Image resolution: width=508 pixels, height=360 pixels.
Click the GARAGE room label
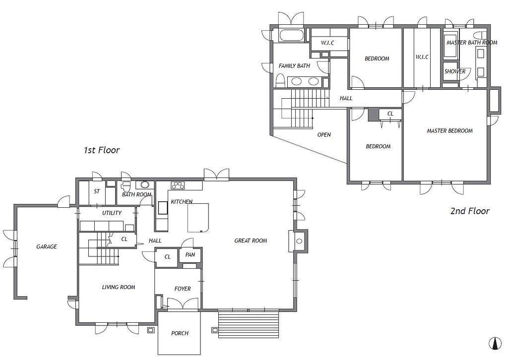[x=47, y=246]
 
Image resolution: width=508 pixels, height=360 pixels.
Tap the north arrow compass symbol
[x=495, y=343]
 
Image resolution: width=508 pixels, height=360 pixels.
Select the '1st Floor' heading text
[x=102, y=150]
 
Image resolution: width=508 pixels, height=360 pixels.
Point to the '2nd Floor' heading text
[x=470, y=211]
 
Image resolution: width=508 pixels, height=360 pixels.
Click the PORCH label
[x=180, y=333]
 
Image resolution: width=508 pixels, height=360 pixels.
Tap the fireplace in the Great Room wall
[x=298, y=241]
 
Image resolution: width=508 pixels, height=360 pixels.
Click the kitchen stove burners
[x=178, y=185]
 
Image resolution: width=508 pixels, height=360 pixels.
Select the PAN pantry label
[x=190, y=255]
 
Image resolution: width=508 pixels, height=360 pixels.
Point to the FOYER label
[x=183, y=289]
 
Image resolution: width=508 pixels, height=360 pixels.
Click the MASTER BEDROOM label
[x=449, y=131]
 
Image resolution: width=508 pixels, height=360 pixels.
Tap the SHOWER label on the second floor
[x=455, y=71]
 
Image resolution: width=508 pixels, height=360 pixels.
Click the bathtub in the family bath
[x=292, y=35]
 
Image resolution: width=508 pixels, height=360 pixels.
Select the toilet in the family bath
[x=280, y=80]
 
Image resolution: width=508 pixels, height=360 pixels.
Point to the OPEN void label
[x=324, y=135]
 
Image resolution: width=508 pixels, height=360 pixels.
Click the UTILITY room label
[x=112, y=213]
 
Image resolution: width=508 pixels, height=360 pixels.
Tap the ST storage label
[x=97, y=192]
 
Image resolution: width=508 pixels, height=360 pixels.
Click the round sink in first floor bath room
[x=145, y=185]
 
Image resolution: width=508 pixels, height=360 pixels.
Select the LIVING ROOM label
[x=119, y=287]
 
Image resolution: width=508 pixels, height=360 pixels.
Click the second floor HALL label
[x=346, y=98]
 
